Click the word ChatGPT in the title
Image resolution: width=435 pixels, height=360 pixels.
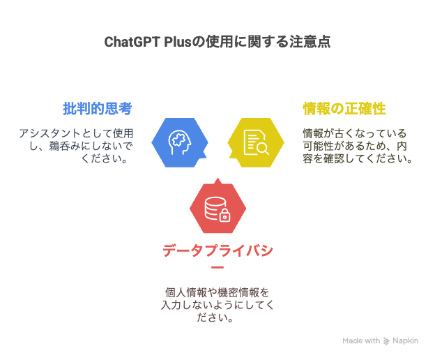132,42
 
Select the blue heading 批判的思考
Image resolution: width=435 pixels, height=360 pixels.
98,108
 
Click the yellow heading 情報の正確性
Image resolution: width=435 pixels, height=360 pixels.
344,108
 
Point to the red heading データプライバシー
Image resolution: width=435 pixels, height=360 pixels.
217,257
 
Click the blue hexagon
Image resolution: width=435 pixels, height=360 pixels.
180,142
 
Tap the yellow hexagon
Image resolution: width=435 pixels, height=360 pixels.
256,142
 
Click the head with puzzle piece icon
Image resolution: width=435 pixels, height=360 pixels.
180,142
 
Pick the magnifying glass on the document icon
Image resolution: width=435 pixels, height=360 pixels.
262,148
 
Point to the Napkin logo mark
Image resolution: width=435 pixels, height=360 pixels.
386,341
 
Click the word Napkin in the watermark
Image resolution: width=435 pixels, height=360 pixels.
405,341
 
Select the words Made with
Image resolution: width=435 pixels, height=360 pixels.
361,341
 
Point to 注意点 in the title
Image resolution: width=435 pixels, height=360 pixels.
310,42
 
